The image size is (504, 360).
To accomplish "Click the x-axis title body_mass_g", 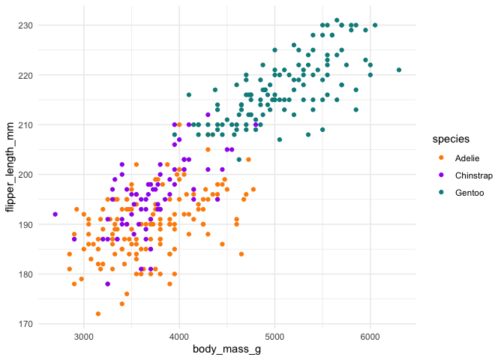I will point(226,349).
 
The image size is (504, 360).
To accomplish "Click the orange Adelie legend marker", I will point(440,158).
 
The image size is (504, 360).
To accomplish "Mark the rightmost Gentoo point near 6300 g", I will point(399,70).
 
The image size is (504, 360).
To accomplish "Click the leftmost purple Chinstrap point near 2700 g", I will point(55,214).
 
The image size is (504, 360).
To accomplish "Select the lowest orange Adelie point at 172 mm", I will point(98,313).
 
